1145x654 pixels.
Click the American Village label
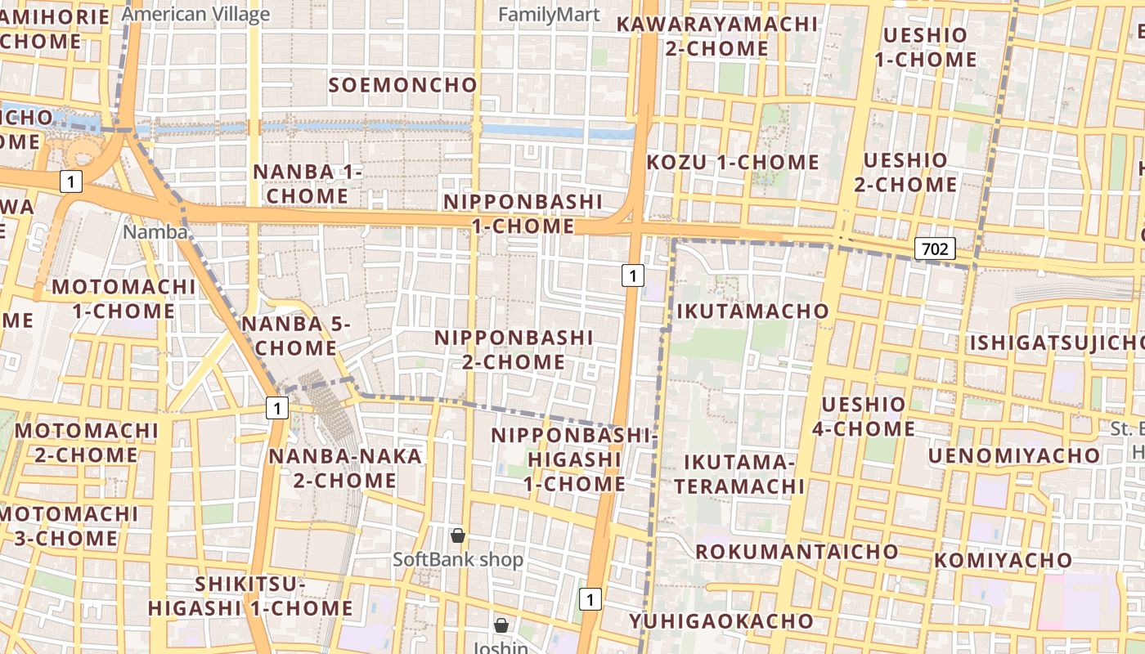(195, 14)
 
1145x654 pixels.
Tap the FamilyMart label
(549, 14)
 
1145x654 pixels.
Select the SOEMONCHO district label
(402, 85)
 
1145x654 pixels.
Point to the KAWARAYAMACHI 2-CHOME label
(716, 36)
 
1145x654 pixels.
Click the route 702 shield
(934, 248)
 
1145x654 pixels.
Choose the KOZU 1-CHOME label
(733, 162)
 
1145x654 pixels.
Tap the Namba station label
(155, 232)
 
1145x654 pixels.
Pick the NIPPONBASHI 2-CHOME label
(514, 349)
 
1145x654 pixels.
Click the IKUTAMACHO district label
(752, 311)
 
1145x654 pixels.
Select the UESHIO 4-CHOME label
(868, 416)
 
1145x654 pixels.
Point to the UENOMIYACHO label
(1013, 455)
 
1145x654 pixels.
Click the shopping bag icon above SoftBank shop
(458, 535)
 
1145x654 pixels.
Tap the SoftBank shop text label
(458, 560)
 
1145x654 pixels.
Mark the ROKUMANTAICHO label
(797, 551)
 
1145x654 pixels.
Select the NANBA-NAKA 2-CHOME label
(345, 468)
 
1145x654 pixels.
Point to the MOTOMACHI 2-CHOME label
(87, 442)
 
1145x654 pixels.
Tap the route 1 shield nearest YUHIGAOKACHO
(590, 599)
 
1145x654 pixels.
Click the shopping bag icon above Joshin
(501, 625)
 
